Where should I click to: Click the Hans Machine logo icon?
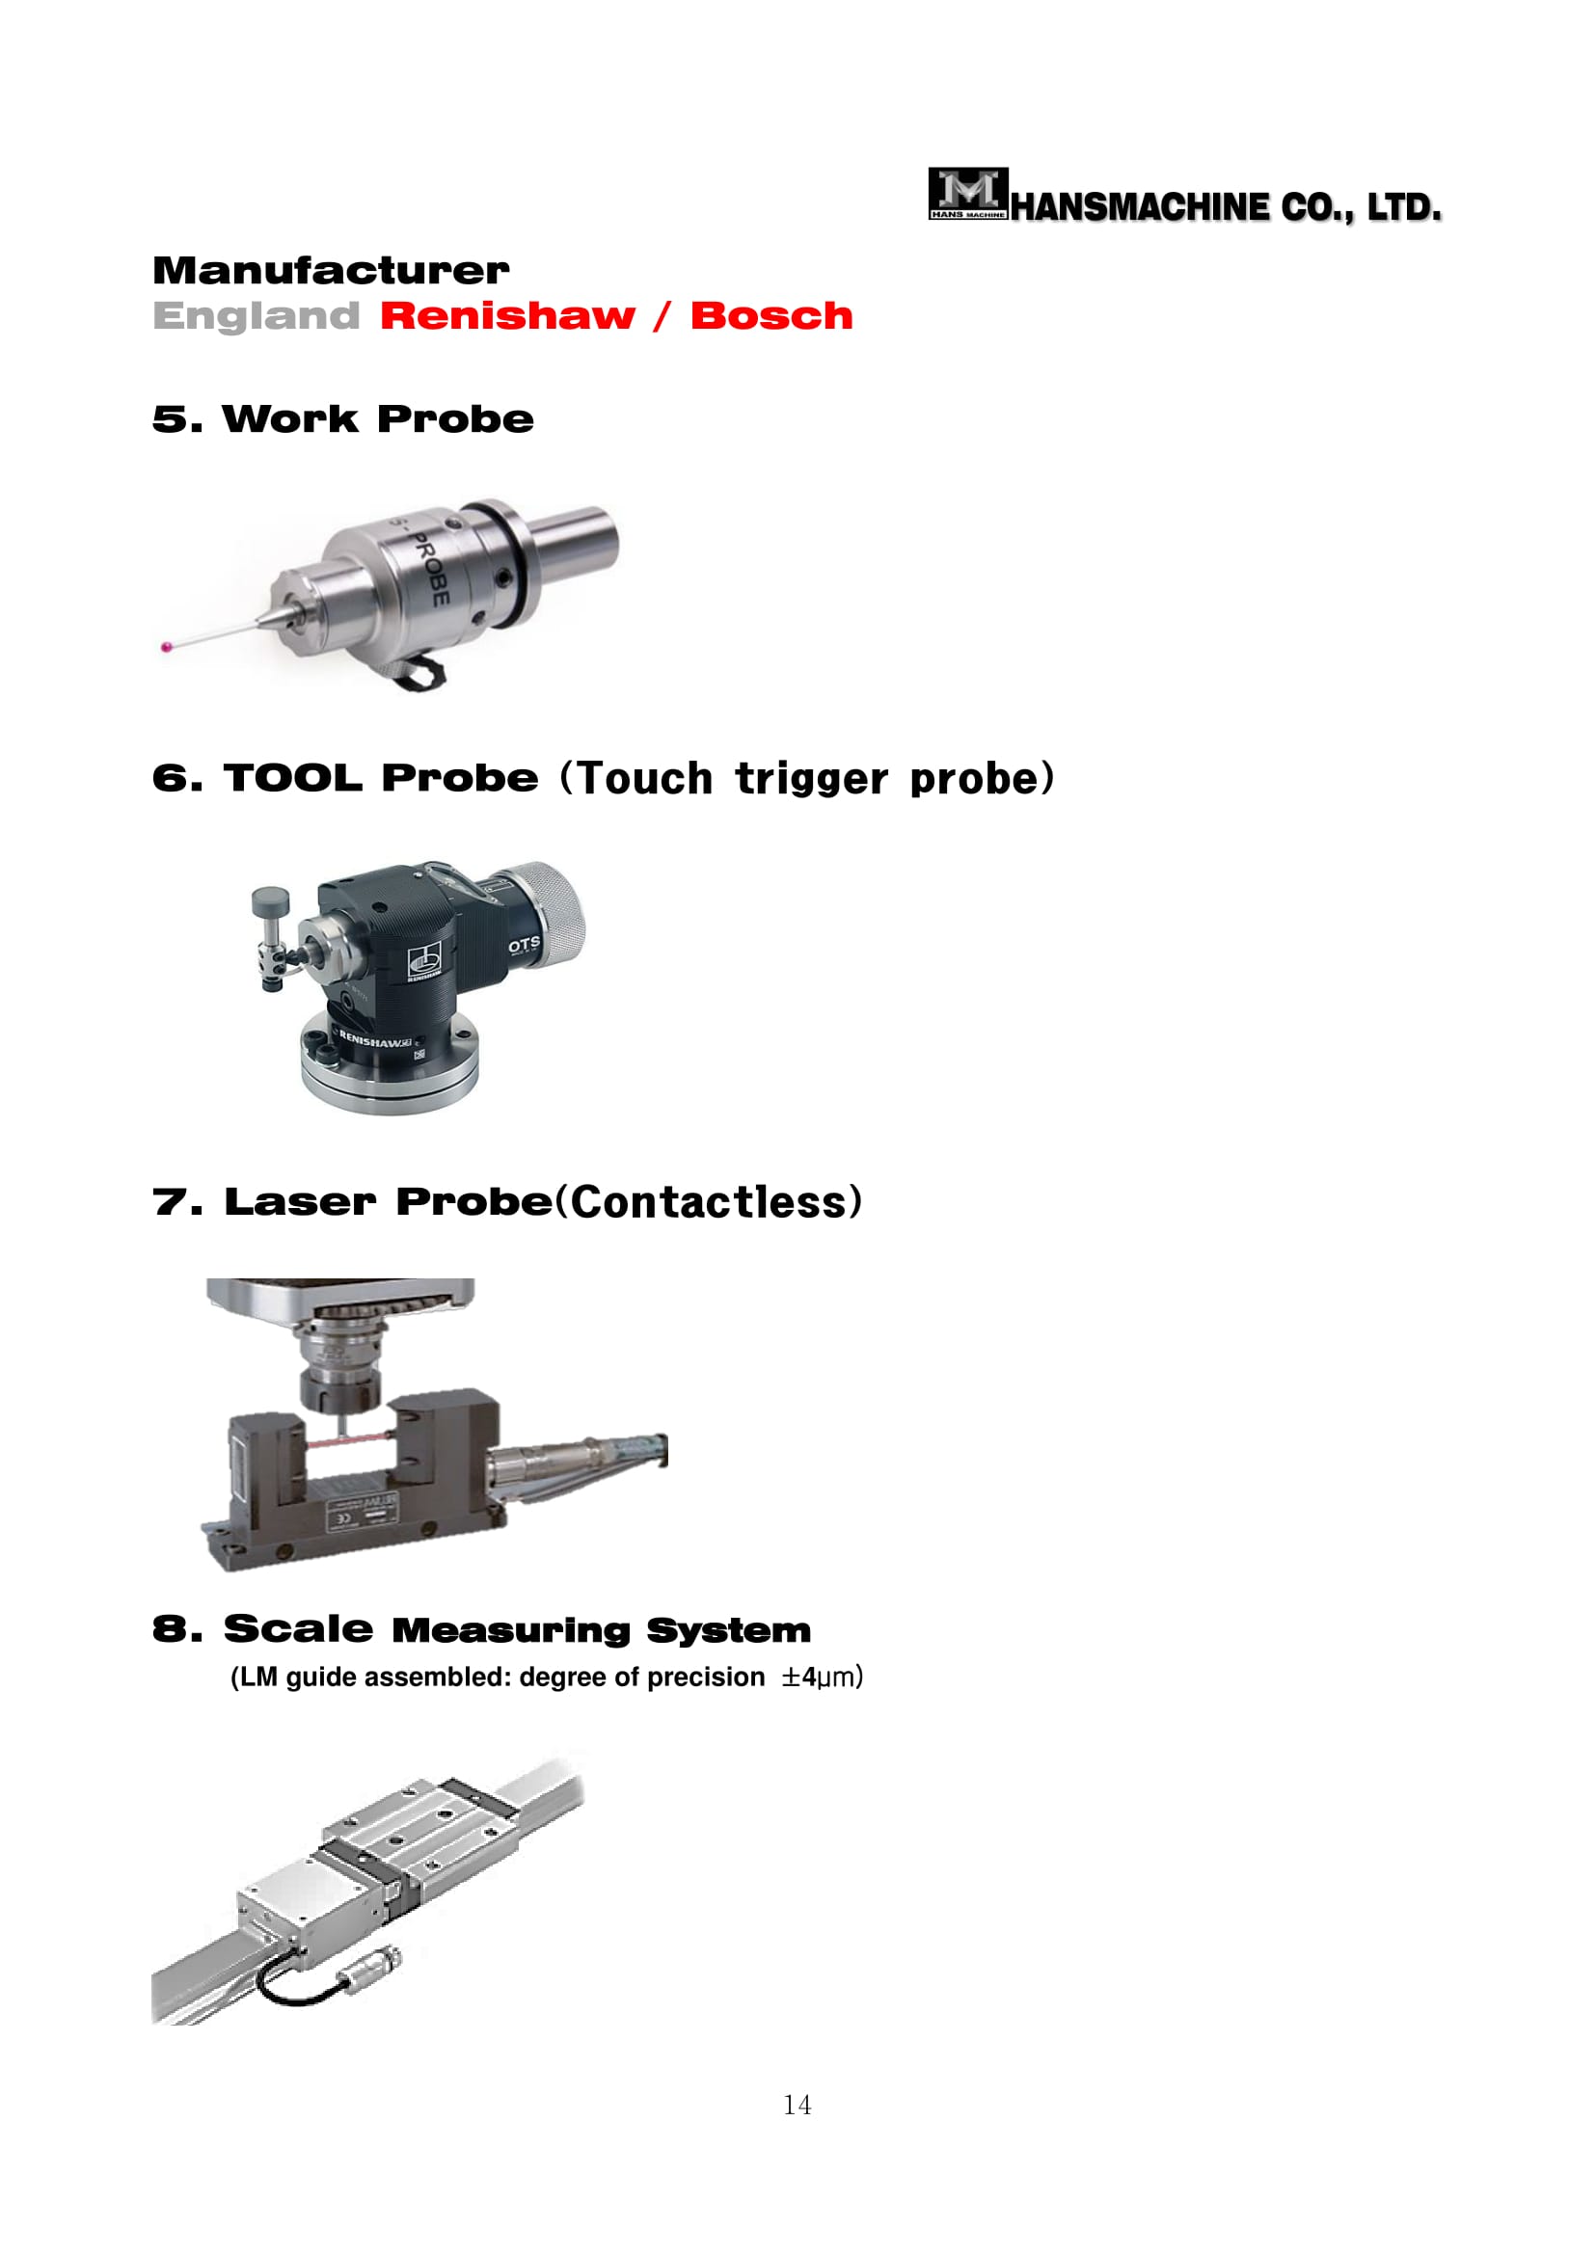(968, 194)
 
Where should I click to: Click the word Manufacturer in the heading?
(331, 270)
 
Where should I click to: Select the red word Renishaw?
(508, 315)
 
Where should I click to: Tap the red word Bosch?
(772, 315)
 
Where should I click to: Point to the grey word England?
(257, 316)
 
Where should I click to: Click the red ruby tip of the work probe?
(166, 646)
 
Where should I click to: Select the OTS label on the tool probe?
(524, 945)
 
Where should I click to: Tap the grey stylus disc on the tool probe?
(270, 900)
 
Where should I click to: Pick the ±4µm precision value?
(821, 1677)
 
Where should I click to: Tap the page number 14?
(797, 2105)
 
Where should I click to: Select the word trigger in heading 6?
(811, 779)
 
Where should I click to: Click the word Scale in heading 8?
(299, 1628)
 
